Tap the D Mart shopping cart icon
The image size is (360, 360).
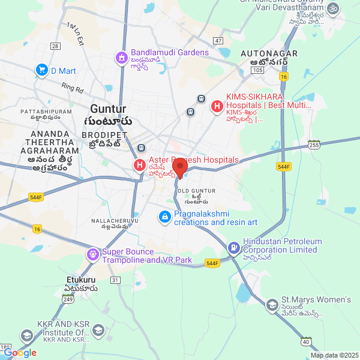tap(41, 71)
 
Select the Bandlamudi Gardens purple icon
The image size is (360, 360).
tap(121, 58)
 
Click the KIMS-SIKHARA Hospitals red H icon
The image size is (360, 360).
tap(217, 106)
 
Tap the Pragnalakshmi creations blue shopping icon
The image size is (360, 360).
tap(164, 216)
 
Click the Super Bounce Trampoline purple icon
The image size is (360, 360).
tap(92, 254)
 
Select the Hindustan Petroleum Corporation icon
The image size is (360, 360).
tap(233, 247)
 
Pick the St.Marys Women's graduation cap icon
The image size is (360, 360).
tap(272, 305)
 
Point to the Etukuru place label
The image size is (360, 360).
tap(80, 280)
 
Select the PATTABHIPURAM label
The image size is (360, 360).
tap(46, 112)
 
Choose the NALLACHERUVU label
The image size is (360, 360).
tap(110, 221)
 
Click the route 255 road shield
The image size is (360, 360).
tap(314, 145)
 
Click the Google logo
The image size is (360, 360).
tap(20, 353)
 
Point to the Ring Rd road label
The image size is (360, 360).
tap(72, 88)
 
